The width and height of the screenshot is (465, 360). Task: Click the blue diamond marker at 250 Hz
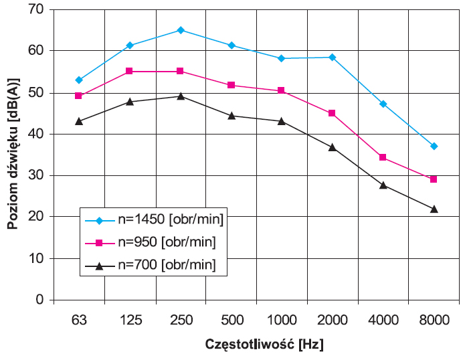tap(181, 30)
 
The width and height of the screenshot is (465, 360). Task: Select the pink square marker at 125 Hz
tap(129, 71)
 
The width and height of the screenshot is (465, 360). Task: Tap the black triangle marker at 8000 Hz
tap(434, 209)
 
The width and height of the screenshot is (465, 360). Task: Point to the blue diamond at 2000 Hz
tap(332, 58)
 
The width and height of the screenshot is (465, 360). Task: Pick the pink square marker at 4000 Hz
tap(383, 157)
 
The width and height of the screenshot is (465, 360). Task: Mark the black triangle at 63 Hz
tap(79, 121)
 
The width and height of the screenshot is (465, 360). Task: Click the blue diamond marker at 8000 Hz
tap(434, 146)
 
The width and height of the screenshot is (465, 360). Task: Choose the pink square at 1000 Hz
tap(281, 90)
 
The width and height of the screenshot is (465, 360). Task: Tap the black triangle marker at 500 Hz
tap(231, 115)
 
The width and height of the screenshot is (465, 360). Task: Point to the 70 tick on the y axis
tap(36, 9)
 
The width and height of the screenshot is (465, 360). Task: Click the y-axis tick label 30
tap(36, 175)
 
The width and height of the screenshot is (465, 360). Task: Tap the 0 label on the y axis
tap(39, 300)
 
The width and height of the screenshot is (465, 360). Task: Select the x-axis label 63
tap(79, 320)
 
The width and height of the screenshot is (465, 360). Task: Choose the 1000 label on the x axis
tap(282, 320)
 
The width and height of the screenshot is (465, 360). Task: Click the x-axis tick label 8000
tap(434, 320)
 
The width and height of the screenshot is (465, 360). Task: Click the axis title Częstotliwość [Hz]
tap(264, 345)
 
